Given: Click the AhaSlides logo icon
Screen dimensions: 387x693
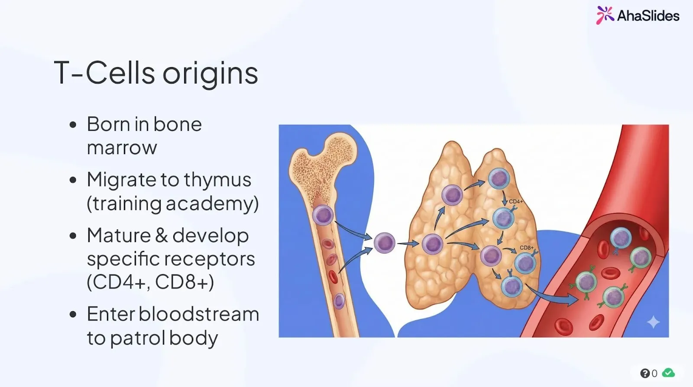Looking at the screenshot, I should [x=605, y=15].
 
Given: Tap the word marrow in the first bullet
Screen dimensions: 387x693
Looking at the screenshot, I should [x=122, y=148].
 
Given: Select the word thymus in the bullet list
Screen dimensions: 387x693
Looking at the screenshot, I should [x=218, y=180].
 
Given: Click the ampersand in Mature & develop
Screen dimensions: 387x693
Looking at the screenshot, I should [x=161, y=235].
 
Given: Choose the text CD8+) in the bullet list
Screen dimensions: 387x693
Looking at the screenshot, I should [x=185, y=282].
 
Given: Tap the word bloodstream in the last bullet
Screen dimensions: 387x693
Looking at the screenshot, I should [x=199, y=314].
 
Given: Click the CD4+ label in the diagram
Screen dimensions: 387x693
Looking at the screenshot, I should [x=515, y=201].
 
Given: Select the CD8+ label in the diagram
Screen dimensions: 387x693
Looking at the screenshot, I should [x=527, y=248].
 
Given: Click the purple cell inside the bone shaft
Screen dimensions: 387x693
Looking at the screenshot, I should [x=323, y=215].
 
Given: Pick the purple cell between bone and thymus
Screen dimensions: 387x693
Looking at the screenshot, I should [x=384, y=243].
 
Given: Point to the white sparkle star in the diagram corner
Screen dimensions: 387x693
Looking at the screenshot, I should [x=653, y=322].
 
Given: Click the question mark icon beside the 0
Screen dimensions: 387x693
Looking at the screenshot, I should [x=645, y=373].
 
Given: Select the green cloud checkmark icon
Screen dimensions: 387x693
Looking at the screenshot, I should [x=668, y=373].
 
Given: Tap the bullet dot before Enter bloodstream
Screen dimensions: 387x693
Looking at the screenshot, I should [x=73, y=314].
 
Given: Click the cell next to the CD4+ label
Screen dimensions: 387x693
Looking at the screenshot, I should [x=503, y=218].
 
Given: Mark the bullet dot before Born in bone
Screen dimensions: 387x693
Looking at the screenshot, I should [x=73, y=125].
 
